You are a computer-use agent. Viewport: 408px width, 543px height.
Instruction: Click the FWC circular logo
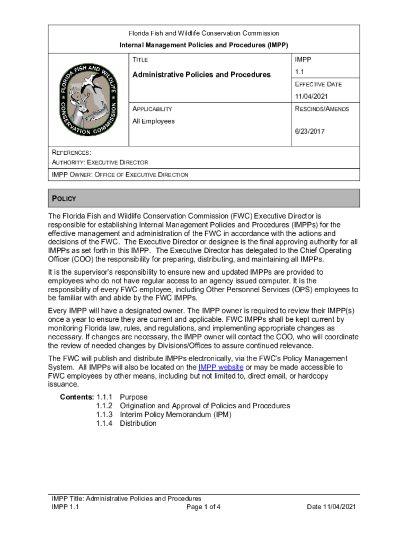pyautogui.click(x=88, y=100)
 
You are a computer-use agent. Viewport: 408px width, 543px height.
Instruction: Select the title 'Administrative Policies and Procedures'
pyautogui.click(x=201, y=74)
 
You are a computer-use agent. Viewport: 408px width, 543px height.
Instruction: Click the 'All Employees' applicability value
pyautogui.click(x=154, y=121)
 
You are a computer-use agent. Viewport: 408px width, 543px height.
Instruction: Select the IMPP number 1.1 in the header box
pyautogui.click(x=300, y=72)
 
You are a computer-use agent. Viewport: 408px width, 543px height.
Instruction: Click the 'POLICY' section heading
pyautogui.click(x=64, y=198)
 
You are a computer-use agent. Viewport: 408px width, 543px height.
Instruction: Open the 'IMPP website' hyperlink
pyautogui.click(x=220, y=367)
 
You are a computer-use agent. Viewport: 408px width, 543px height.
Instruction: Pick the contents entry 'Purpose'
pyautogui.click(x=134, y=397)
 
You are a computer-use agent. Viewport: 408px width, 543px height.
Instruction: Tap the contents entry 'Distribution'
pyautogui.click(x=138, y=423)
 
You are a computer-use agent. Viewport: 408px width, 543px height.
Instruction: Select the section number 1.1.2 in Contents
pyautogui.click(x=104, y=406)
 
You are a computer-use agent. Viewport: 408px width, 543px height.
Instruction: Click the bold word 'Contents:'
pyautogui.click(x=77, y=397)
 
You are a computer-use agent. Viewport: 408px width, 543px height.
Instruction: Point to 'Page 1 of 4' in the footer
pyautogui.click(x=203, y=506)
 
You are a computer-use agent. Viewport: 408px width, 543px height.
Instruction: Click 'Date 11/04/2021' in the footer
pyautogui.click(x=331, y=506)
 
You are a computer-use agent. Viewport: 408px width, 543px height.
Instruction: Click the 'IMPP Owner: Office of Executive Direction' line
pyautogui.click(x=120, y=174)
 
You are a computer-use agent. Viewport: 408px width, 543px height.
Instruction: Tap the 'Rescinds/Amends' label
pyautogui.click(x=322, y=109)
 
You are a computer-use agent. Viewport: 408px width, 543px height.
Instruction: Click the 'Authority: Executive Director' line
pyautogui.click(x=100, y=162)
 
